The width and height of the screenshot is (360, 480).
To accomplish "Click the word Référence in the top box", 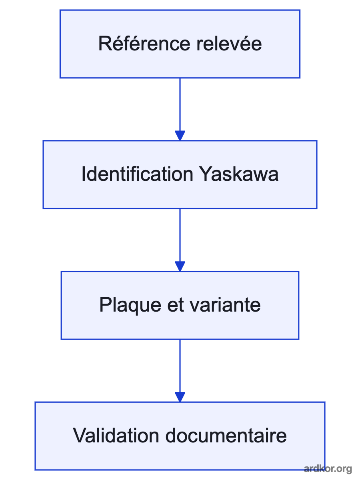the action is tap(144, 43).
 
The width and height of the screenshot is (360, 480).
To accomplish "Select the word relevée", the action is tap(229, 43).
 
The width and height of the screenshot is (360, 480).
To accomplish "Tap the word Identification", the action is tap(138, 174).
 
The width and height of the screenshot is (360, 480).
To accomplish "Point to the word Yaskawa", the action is tap(239, 174).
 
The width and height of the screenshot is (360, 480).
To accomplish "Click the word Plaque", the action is tap(130, 305).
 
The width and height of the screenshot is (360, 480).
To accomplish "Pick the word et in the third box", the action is tap(175, 305).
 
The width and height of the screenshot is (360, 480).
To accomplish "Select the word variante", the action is tap(225, 305).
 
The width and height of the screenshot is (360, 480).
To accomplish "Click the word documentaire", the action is tap(226, 436).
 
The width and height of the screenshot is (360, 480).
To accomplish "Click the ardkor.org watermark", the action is tap(328, 468).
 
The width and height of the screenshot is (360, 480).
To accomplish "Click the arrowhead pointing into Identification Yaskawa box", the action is tap(180, 136).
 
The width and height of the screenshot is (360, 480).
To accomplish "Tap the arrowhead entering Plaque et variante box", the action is tap(180, 266).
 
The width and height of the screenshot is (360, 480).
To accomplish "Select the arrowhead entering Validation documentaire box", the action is tap(180, 397).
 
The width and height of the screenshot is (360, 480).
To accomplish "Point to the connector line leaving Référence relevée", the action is tap(180, 104).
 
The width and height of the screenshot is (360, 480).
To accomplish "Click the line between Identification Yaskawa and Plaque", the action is tap(180, 235).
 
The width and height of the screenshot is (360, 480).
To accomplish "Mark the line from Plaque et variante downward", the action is tap(180, 366).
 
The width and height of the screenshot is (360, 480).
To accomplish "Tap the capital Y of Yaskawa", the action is tap(205, 174).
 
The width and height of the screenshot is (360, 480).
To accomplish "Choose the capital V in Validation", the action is tap(79, 436).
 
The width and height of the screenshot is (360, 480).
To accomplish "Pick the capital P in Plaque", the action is tap(105, 305).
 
